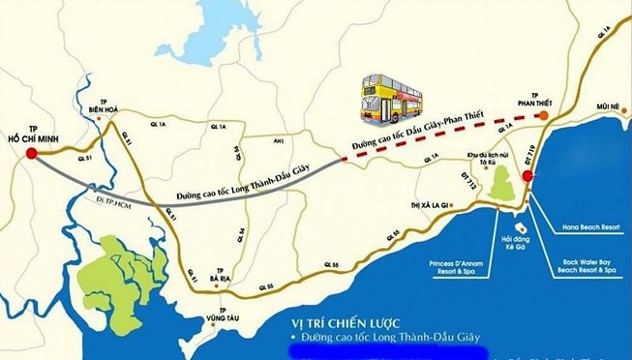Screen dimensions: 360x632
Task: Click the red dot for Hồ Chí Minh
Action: point(31,152)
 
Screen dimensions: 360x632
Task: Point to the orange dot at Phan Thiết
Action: point(543,115)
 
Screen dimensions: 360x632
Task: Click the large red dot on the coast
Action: point(527,176)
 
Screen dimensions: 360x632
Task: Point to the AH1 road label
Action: point(278,140)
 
